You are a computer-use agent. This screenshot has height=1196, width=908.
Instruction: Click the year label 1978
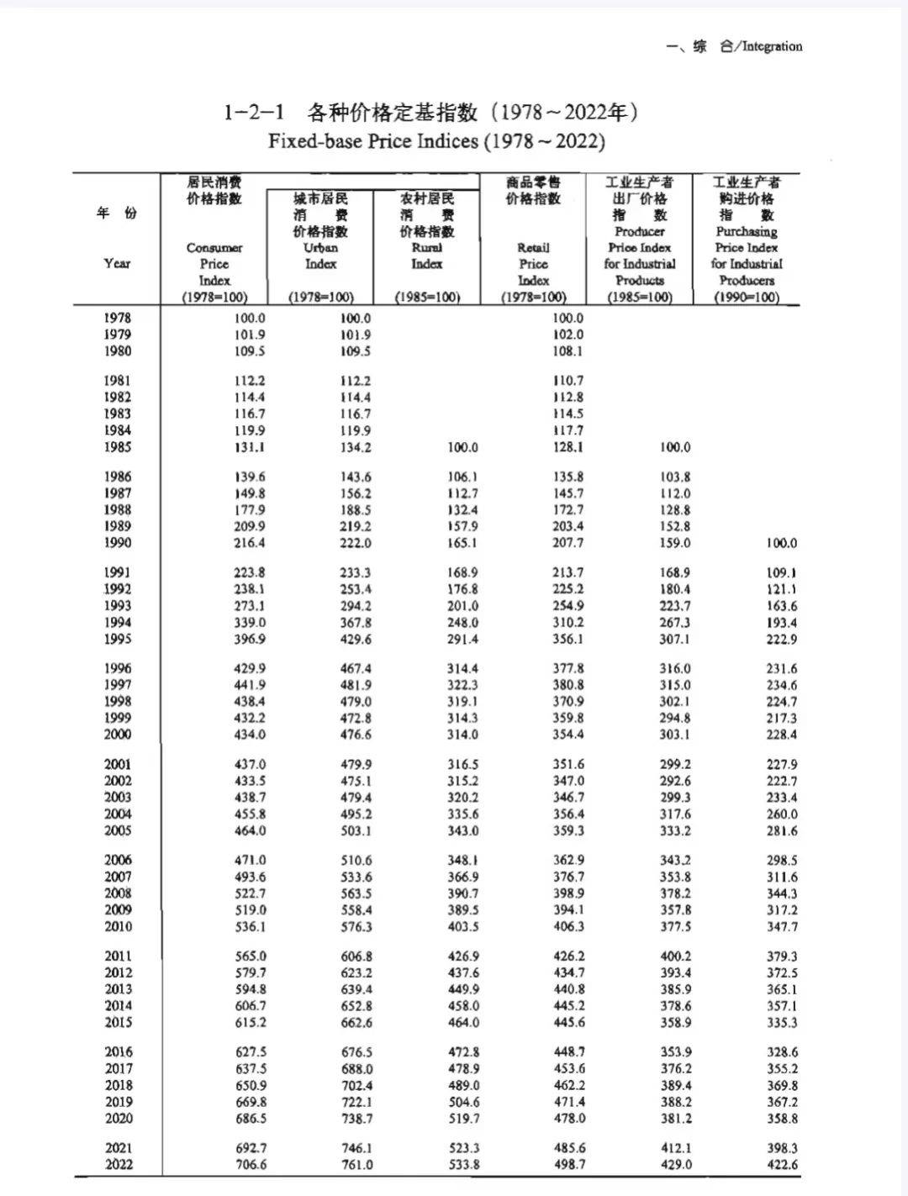point(118,318)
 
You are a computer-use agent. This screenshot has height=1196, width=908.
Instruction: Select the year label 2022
point(119,1164)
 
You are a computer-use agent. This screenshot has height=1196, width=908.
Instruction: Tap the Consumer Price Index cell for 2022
point(250,1164)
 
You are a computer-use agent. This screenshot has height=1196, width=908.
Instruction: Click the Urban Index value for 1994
point(356,623)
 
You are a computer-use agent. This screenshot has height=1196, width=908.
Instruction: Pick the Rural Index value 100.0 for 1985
point(462,448)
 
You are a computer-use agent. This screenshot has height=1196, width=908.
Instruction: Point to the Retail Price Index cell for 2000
point(568,735)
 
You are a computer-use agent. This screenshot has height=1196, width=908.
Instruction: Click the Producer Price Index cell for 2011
point(675,956)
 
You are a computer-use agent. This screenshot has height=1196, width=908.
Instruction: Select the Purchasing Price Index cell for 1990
point(782,544)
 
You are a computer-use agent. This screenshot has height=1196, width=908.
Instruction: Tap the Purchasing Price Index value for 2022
point(782,1165)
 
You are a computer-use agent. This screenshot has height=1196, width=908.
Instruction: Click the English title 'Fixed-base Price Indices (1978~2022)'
point(436,141)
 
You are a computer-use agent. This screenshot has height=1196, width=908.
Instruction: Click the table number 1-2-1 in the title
point(254,112)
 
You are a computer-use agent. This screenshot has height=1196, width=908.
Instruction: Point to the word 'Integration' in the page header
point(772,47)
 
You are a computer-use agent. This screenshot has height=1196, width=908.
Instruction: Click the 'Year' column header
point(118,263)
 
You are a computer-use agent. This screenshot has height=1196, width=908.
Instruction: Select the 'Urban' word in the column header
point(320,248)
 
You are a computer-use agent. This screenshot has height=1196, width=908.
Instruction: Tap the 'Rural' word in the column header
point(427,248)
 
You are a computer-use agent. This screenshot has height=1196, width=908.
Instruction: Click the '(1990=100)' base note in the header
point(747,298)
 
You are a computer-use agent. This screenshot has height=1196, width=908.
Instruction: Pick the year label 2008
point(119,893)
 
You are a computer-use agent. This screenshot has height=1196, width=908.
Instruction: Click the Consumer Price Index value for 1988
point(250,510)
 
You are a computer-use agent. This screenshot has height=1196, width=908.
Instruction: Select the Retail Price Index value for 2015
point(568,1023)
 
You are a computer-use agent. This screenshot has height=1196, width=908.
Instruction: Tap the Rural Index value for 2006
point(462,861)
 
